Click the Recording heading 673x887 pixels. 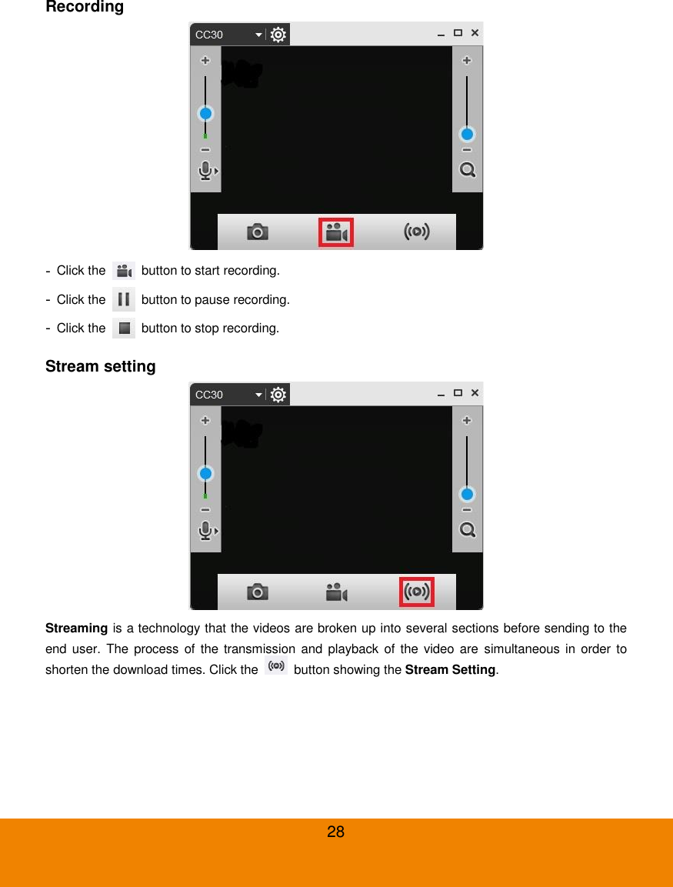tap(85, 8)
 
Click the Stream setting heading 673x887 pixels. tap(101, 367)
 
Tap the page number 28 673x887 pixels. tap(336, 832)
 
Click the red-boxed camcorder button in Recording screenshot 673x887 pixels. tap(336, 232)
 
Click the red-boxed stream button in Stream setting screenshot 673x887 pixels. tap(417, 592)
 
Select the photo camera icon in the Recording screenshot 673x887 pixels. tap(257, 232)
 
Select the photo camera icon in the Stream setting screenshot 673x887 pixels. tap(257, 592)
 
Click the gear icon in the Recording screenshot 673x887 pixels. tap(278, 35)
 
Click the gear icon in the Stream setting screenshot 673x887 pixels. tap(278, 395)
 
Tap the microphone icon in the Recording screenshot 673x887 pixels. tap(205, 171)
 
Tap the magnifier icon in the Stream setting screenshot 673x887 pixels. tap(467, 530)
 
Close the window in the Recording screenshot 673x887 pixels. tap(475, 33)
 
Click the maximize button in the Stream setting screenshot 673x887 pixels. tap(458, 393)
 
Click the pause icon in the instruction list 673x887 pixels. tap(123, 299)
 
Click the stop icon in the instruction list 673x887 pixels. tap(124, 328)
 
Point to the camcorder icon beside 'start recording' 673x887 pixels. tap(123, 271)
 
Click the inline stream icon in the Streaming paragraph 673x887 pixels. tap(276, 666)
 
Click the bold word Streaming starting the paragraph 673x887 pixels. tap(76, 629)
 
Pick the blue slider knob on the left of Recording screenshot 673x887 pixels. tap(205, 114)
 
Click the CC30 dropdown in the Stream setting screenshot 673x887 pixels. tap(228, 395)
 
